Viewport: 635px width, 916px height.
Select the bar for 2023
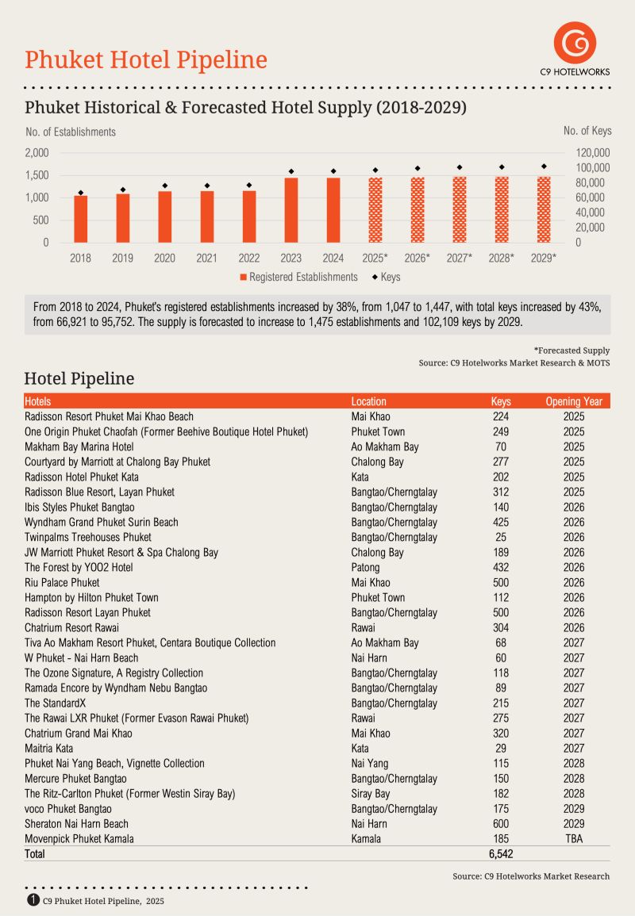pyautogui.click(x=291, y=210)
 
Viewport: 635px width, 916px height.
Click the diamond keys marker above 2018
pyautogui.click(x=81, y=193)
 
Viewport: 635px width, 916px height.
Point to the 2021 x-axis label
pyautogui.click(x=207, y=258)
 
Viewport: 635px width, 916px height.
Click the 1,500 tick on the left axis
pyautogui.click(x=37, y=174)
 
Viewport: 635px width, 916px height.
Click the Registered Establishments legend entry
pyautogui.click(x=298, y=277)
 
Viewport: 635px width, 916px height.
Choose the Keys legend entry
pyautogui.click(x=385, y=277)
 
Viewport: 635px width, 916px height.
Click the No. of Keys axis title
pyautogui.click(x=587, y=131)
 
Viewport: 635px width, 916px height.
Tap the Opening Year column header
pyautogui.click(x=574, y=401)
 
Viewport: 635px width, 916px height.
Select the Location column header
pyautogui.click(x=369, y=401)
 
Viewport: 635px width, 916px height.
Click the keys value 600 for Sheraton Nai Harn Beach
pyautogui.click(x=501, y=824)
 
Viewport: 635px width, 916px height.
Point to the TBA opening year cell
pyautogui.click(x=574, y=839)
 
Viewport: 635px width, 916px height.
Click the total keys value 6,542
pyautogui.click(x=501, y=854)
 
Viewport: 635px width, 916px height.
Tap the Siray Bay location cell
pyautogui.click(x=371, y=794)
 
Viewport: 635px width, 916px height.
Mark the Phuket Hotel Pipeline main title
pyautogui.click(x=146, y=59)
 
